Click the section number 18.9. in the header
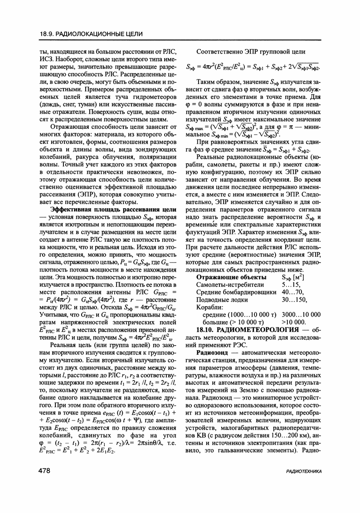coord(47,34)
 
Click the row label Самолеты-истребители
coord(230,284)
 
